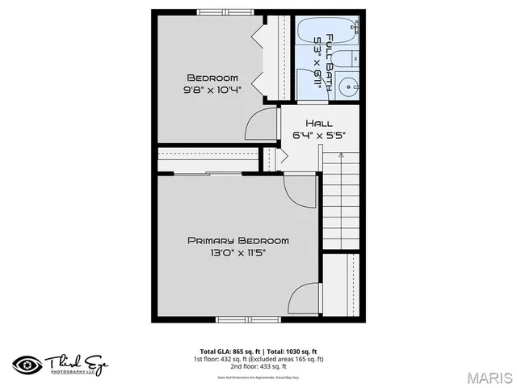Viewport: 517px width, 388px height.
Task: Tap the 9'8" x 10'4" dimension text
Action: click(212, 91)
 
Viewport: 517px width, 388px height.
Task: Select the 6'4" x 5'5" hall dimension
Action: click(318, 136)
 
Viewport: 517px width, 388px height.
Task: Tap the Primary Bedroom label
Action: click(237, 240)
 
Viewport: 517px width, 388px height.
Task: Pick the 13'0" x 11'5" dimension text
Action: click(237, 253)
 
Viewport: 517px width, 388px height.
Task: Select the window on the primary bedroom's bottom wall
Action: click(248, 319)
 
